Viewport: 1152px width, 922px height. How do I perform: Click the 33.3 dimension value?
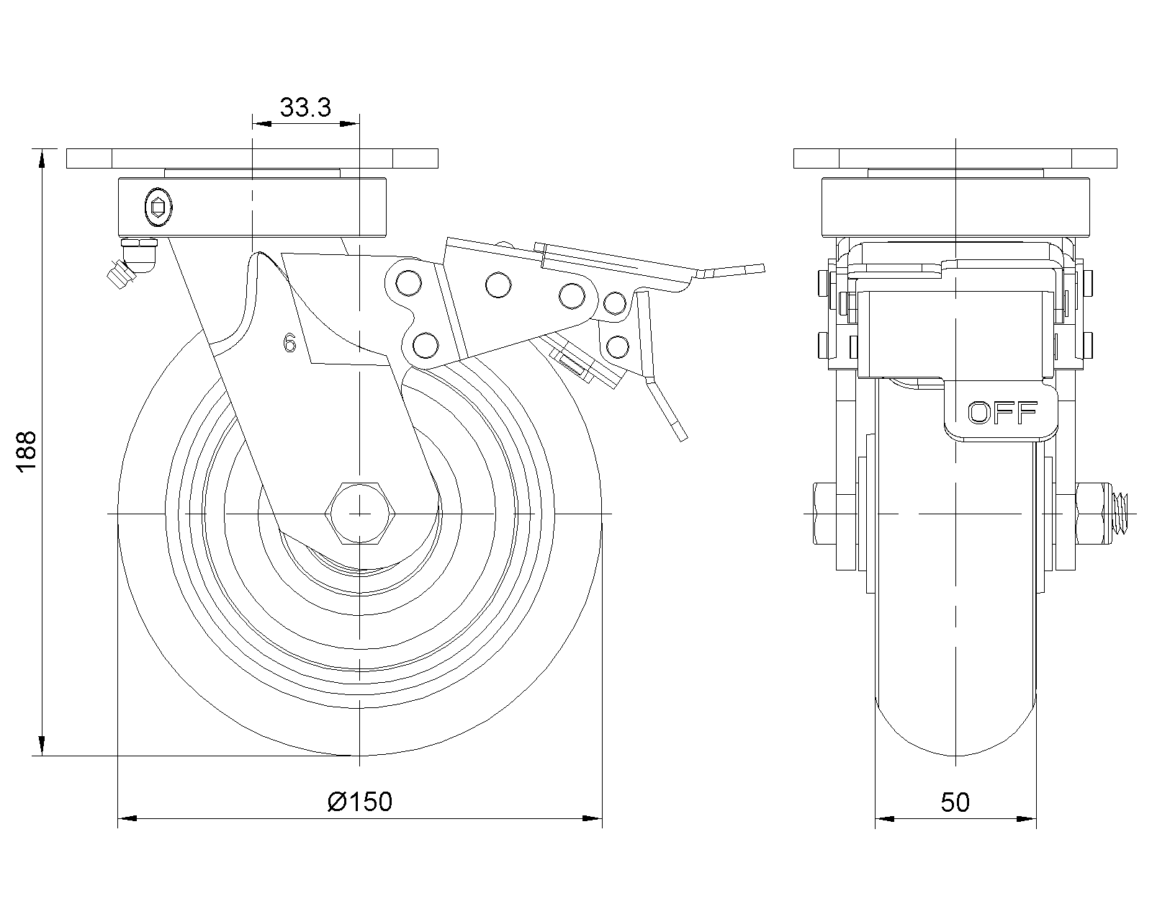coord(305,107)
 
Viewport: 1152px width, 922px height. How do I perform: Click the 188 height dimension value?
coord(26,451)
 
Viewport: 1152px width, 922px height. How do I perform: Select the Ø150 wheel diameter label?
coord(360,802)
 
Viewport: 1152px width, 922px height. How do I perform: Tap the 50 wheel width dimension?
coord(955,802)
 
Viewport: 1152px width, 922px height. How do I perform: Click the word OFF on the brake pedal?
coord(1003,413)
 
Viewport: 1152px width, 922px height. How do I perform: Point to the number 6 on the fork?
coord(289,343)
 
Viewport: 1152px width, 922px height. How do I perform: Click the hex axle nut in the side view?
coord(360,514)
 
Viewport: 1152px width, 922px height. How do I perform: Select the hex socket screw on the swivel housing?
coord(159,206)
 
